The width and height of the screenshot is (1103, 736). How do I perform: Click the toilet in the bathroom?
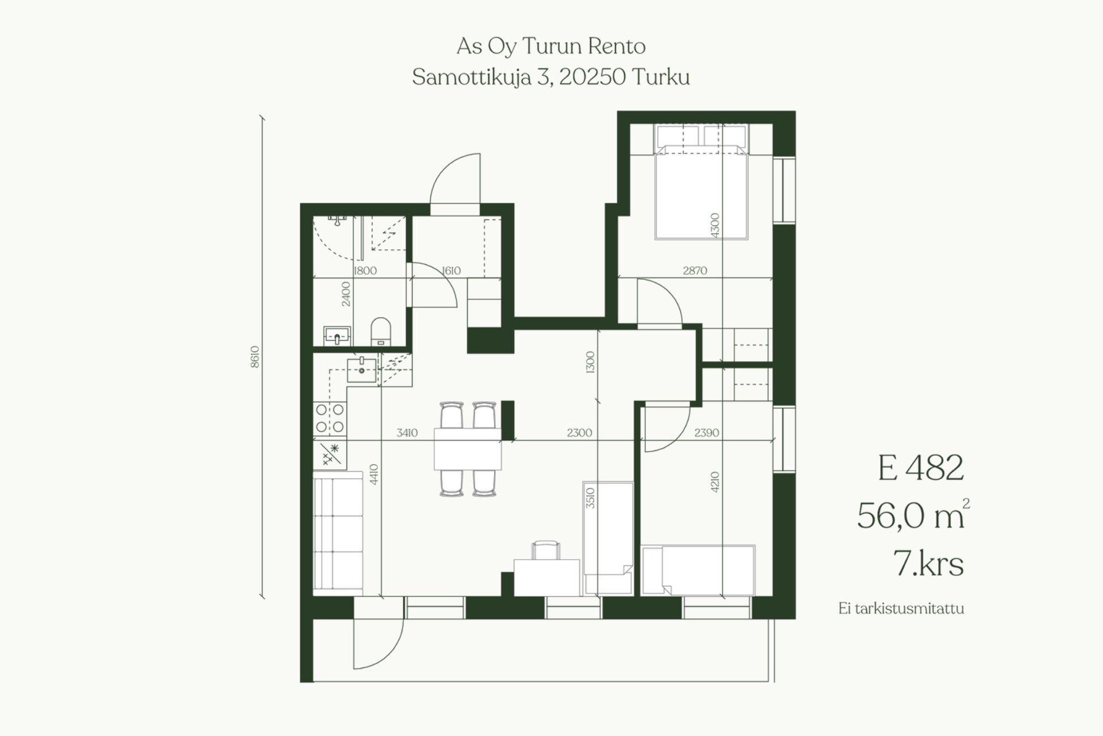pos(380,332)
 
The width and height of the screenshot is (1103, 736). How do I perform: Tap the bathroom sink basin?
pos(337,336)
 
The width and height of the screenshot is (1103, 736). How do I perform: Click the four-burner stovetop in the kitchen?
pos(330,418)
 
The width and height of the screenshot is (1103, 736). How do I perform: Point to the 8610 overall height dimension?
pos(255,357)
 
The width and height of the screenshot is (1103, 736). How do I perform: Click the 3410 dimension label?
pos(407,433)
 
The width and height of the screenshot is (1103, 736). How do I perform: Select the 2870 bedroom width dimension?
pos(695,270)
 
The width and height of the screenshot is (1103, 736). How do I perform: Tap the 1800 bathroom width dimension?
pos(365,271)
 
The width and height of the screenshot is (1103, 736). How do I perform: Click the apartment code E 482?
pos(920,468)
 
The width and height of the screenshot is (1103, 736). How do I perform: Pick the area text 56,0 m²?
pos(913,515)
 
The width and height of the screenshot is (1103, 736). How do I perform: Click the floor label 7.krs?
pos(928,563)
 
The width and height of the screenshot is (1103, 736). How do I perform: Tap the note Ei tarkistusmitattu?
pos(901,608)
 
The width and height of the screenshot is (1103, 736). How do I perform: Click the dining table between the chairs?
pos(468,449)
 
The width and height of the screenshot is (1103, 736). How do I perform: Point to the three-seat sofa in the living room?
pos(338,533)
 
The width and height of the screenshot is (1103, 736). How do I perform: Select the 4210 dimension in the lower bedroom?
pos(715,482)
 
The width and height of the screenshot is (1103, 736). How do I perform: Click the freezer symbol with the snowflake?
pos(330,453)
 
